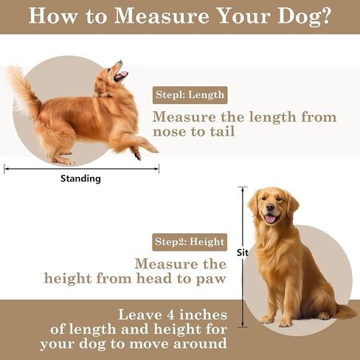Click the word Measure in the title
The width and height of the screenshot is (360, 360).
pos(162,16)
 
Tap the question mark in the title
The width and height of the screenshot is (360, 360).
pos(325,15)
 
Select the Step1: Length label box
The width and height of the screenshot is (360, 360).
pos(190,95)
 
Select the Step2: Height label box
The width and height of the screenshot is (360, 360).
pos(190,242)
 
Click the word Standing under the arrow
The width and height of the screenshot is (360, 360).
pos(80,179)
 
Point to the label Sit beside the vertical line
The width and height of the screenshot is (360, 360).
pos(243,252)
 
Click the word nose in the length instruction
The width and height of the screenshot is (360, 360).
pos(170,132)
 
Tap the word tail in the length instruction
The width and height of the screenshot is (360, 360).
pos(222,131)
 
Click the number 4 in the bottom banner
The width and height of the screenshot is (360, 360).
pos(170,315)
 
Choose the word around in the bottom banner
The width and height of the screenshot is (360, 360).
pos(200,343)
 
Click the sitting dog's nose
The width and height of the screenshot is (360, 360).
pos(270,207)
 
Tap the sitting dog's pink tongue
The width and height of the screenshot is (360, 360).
pos(271,218)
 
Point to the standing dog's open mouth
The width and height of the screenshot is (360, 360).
pos(120,75)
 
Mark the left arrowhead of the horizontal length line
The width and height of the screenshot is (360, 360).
pos(5,169)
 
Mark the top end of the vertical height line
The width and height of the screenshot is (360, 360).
pos(243,187)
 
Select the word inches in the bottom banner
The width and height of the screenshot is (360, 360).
pos(203,315)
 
